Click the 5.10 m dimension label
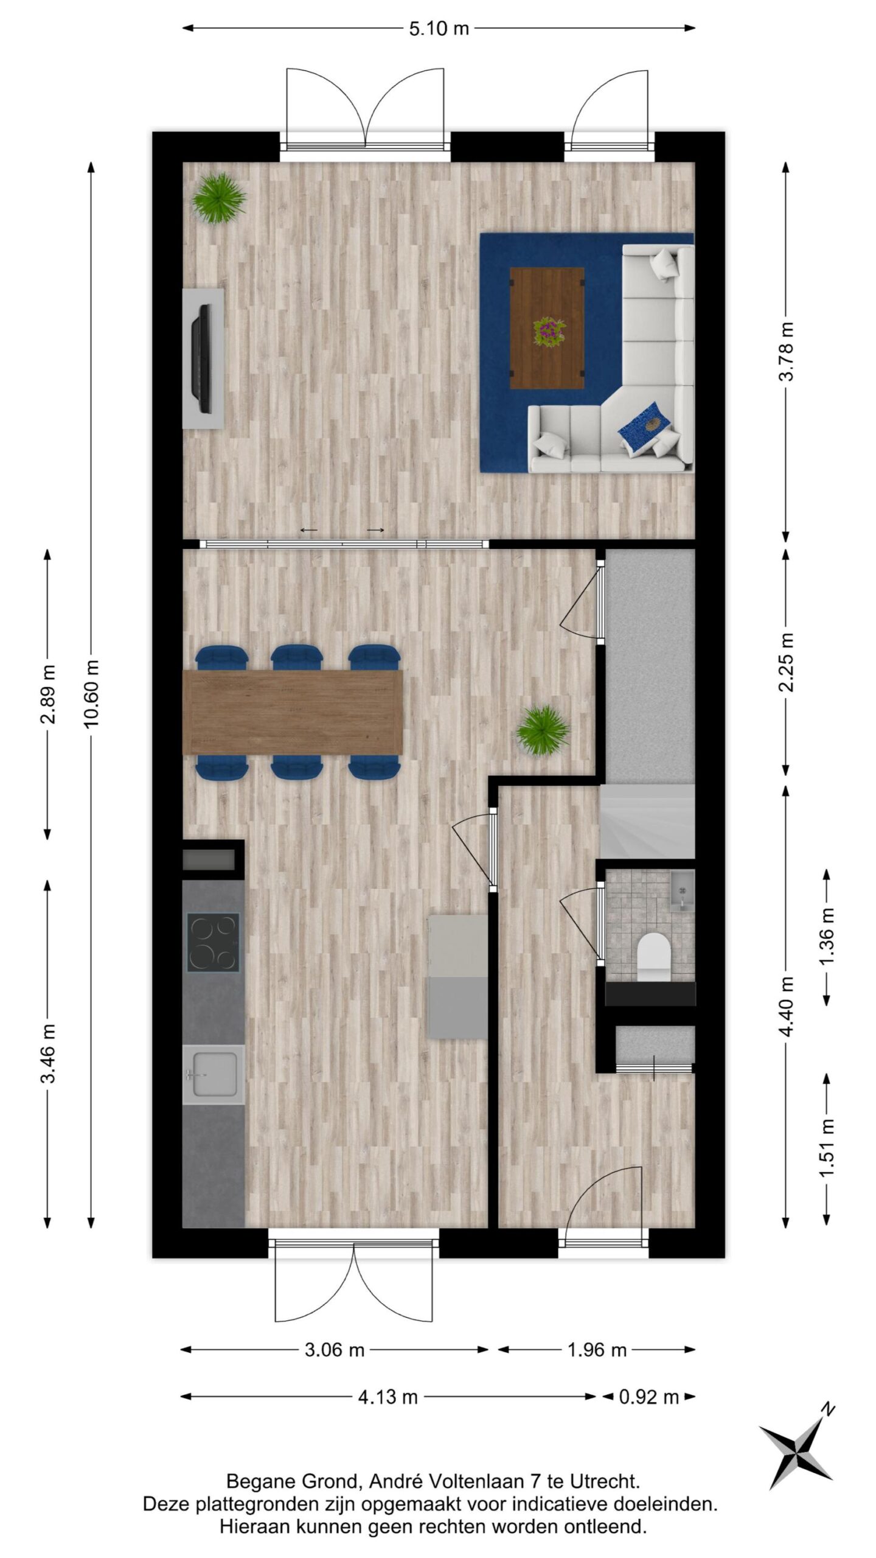pos(439,28)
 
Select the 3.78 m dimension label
pos(787,352)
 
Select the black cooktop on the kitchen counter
pos(212,943)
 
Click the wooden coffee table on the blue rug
pos(546,328)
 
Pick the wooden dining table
pos(293,712)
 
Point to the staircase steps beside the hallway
pos(647,822)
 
